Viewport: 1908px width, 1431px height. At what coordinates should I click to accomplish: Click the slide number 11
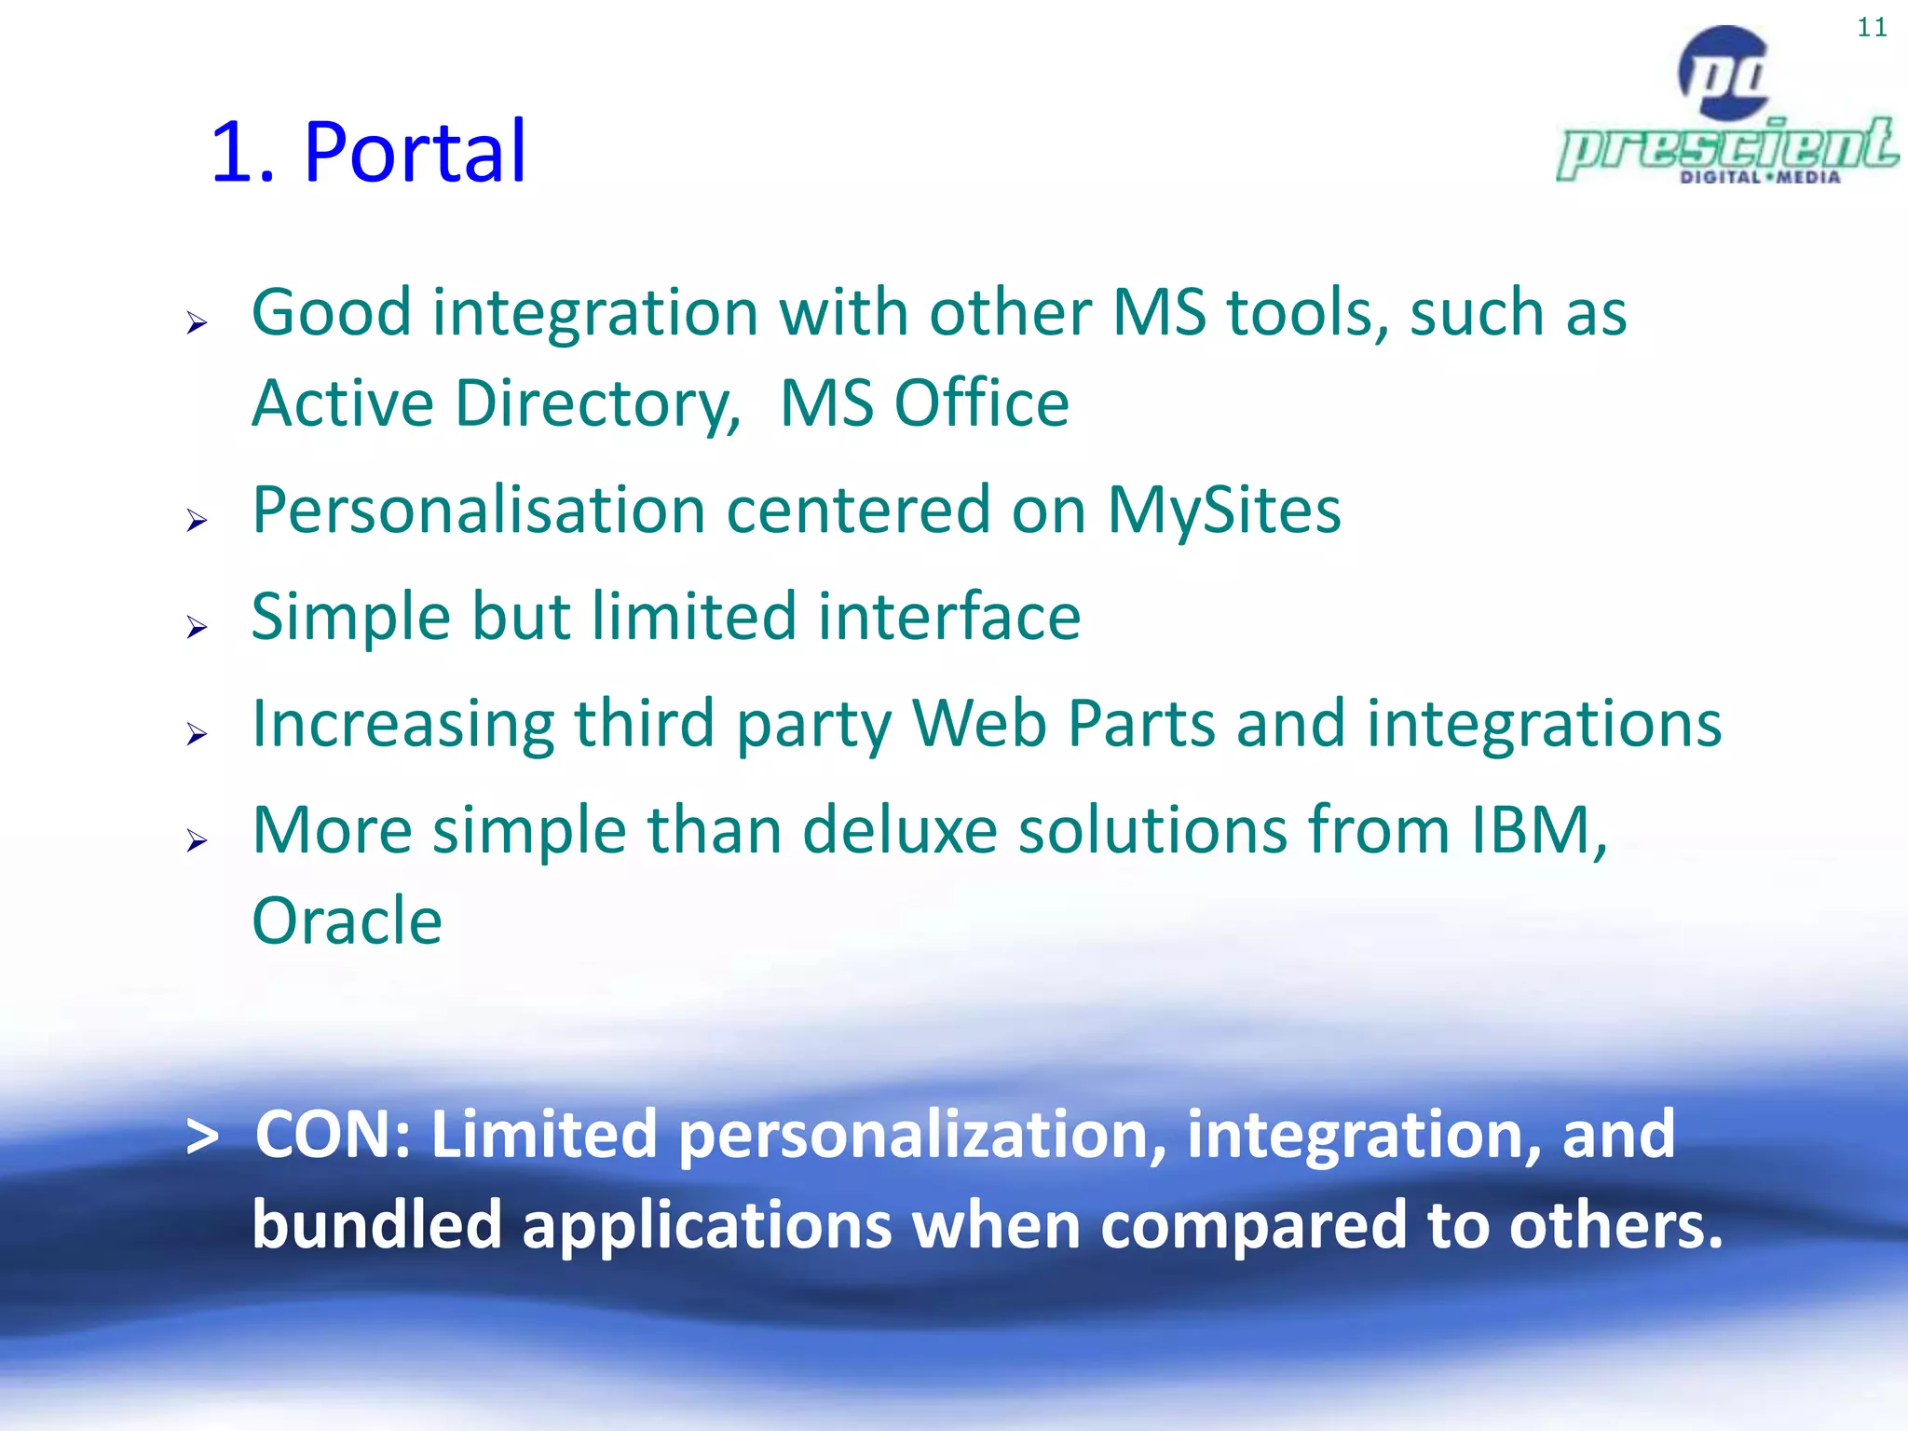[1872, 28]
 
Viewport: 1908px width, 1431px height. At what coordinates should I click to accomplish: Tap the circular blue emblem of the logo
[1724, 73]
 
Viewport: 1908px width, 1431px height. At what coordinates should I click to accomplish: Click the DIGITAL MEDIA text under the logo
[1760, 177]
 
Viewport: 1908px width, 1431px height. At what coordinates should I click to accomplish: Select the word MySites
[1223, 511]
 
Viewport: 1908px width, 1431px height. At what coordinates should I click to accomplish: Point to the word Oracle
[347, 921]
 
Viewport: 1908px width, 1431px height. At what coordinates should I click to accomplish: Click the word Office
[981, 404]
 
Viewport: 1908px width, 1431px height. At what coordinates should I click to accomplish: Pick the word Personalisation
[479, 511]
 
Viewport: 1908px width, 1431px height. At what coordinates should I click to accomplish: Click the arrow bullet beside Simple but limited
[197, 627]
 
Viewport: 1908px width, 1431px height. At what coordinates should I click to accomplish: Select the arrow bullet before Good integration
[197, 323]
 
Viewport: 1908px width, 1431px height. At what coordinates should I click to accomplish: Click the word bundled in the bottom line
[377, 1224]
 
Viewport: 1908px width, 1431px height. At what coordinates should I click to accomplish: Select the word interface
[948, 618]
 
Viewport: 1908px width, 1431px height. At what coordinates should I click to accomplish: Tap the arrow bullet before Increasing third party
[197, 734]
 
